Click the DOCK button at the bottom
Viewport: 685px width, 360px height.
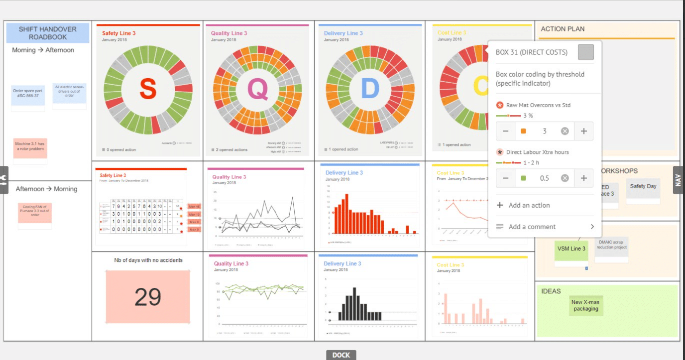(x=341, y=355)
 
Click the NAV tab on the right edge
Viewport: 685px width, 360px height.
(x=678, y=180)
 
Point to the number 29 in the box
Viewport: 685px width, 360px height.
(x=148, y=297)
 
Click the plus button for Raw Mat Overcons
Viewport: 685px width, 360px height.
(x=583, y=131)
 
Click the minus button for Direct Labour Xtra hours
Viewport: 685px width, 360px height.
(x=505, y=178)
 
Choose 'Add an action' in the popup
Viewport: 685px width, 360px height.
(x=529, y=205)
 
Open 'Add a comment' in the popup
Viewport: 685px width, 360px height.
(x=532, y=227)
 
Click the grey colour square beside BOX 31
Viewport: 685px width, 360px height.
(x=585, y=52)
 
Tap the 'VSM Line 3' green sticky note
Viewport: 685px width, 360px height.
(x=571, y=249)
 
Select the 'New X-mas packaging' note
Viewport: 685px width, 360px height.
(x=585, y=305)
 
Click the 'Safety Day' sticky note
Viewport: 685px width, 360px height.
(x=643, y=187)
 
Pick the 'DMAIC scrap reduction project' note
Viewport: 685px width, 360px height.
(x=612, y=245)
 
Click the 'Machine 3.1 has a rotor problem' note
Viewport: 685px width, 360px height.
(x=30, y=146)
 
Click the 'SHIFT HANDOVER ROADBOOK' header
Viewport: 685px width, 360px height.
(x=48, y=33)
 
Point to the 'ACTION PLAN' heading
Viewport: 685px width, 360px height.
(x=563, y=29)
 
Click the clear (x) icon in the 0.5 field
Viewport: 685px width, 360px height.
(x=565, y=178)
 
